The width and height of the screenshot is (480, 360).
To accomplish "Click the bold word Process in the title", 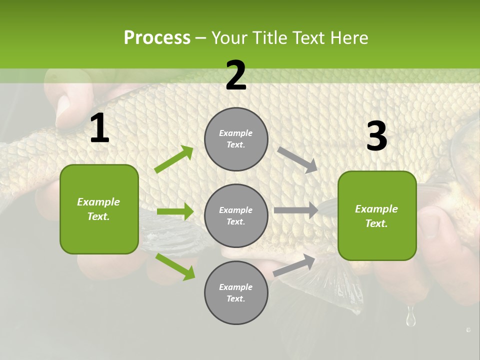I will pyautogui.click(x=157, y=38).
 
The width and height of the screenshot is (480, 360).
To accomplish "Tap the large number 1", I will pyautogui.click(x=99, y=128).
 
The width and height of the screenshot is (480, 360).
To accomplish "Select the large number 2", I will pyautogui.click(x=236, y=75).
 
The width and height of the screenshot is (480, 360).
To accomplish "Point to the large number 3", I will pyautogui.click(x=376, y=136).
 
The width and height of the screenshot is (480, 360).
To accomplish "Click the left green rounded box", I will pyautogui.click(x=99, y=209).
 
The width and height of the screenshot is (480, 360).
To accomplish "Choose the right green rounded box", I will pyautogui.click(x=377, y=215).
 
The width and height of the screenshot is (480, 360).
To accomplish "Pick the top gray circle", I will pyautogui.click(x=236, y=139).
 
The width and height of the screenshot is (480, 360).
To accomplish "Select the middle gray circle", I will pyautogui.click(x=236, y=215).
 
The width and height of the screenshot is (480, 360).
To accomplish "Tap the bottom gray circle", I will pyautogui.click(x=236, y=292).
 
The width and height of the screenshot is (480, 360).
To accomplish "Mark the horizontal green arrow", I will pyautogui.click(x=175, y=211).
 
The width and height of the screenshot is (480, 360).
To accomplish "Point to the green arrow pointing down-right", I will pyautogui.click(x=175, y=266).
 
